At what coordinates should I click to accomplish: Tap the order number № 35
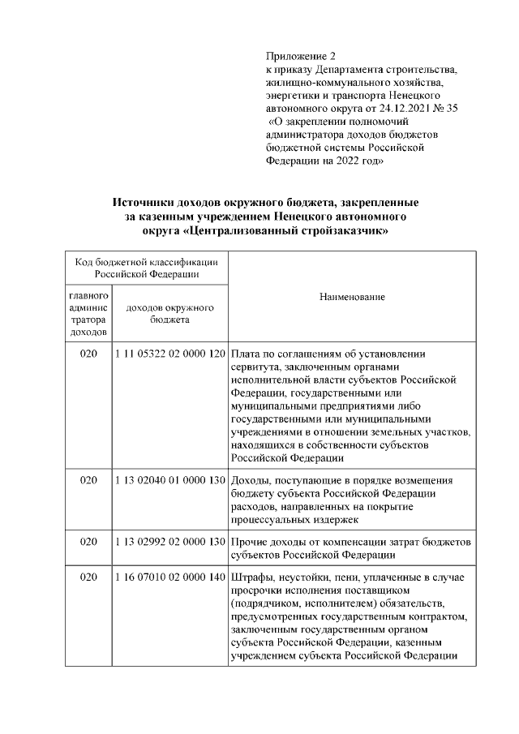(x=444, y=108)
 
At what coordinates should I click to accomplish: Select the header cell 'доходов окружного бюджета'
(x=170, y=314)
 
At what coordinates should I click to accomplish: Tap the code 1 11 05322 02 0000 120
(x=170, y=354)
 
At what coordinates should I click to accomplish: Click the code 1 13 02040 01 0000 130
(x=170, y=480)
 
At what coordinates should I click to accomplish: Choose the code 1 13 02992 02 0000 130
(x=170, y=541)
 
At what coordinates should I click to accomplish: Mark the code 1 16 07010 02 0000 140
(x=170, y=577)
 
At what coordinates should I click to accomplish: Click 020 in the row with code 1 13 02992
(x=88, y=541)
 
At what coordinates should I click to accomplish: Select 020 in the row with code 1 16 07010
(x=88, y=577)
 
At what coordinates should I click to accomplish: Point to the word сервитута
(x=255, y=367)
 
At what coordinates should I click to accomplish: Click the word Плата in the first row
(x=246, y=354)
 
